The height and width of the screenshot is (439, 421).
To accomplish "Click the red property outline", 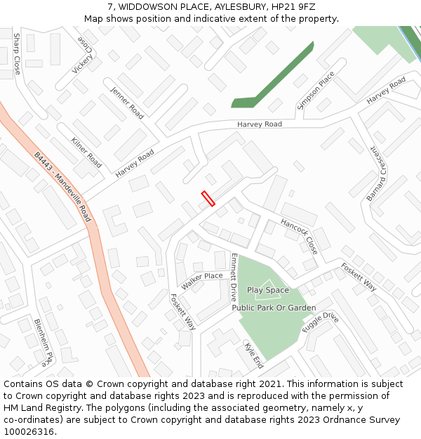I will click(x=208, y=199).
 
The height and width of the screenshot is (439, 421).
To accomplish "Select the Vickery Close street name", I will click(x=83, y=54).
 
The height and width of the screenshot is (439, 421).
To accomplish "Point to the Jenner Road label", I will click(x=127, y=103).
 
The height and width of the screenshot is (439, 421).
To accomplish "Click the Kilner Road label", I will click(x=86, y=152).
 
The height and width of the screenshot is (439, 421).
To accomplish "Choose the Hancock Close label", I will click(x=300, y=235).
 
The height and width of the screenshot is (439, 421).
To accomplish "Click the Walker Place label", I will click(x=201, y=281).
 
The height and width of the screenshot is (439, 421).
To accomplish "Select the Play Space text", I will click(x=267, y=290).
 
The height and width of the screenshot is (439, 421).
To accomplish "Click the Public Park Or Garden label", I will click(x=274, y=308).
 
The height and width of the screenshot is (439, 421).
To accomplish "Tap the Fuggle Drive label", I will click(x=320, y=322).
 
